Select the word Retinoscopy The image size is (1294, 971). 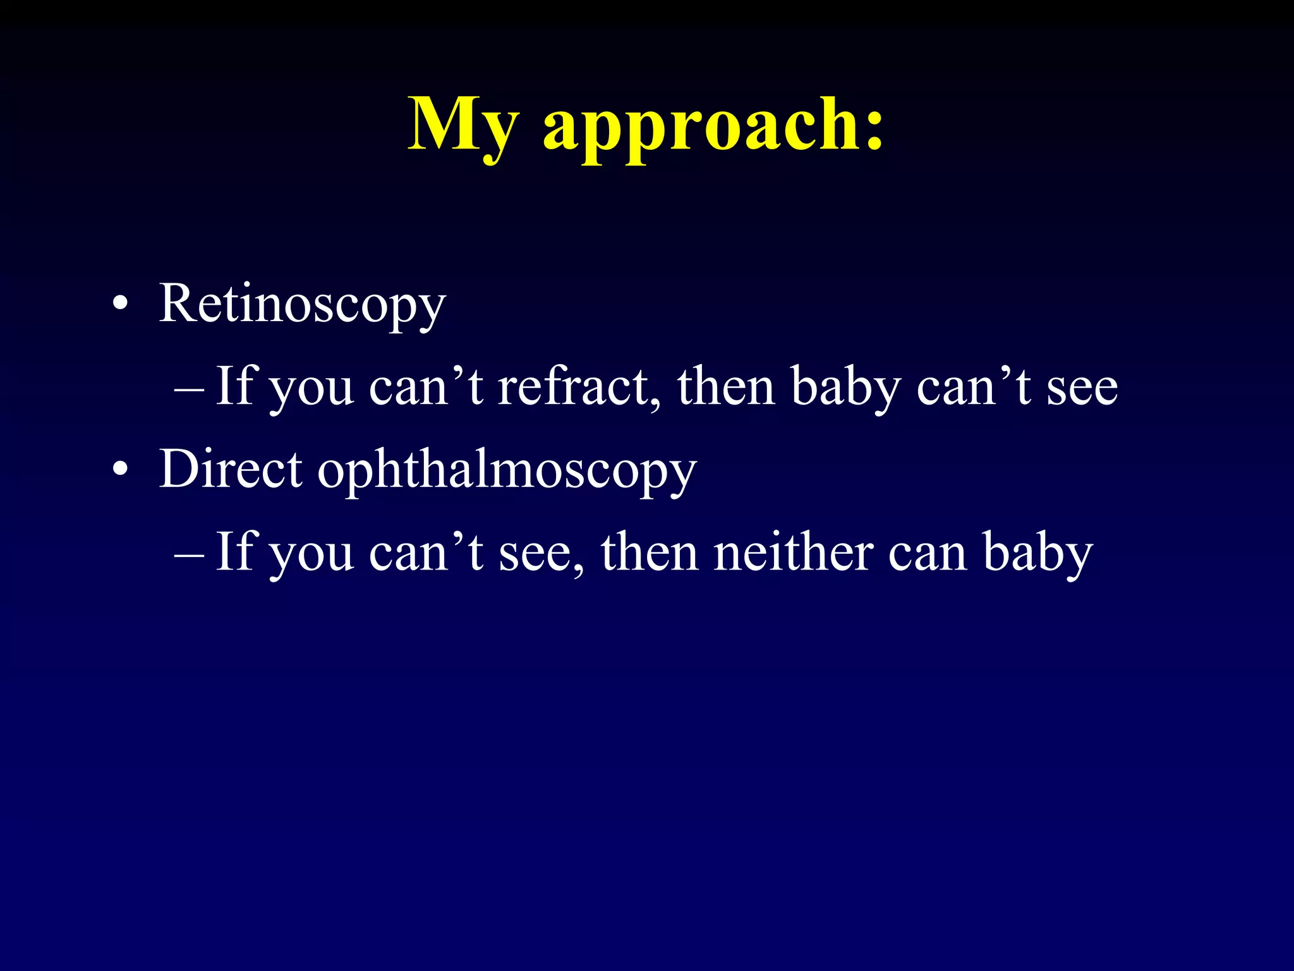pos(302,305)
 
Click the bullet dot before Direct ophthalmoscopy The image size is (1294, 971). pos(120,470)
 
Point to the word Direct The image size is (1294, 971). pos(230,469)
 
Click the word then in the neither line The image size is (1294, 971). pos(650,552)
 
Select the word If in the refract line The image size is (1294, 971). pos(235,385)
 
